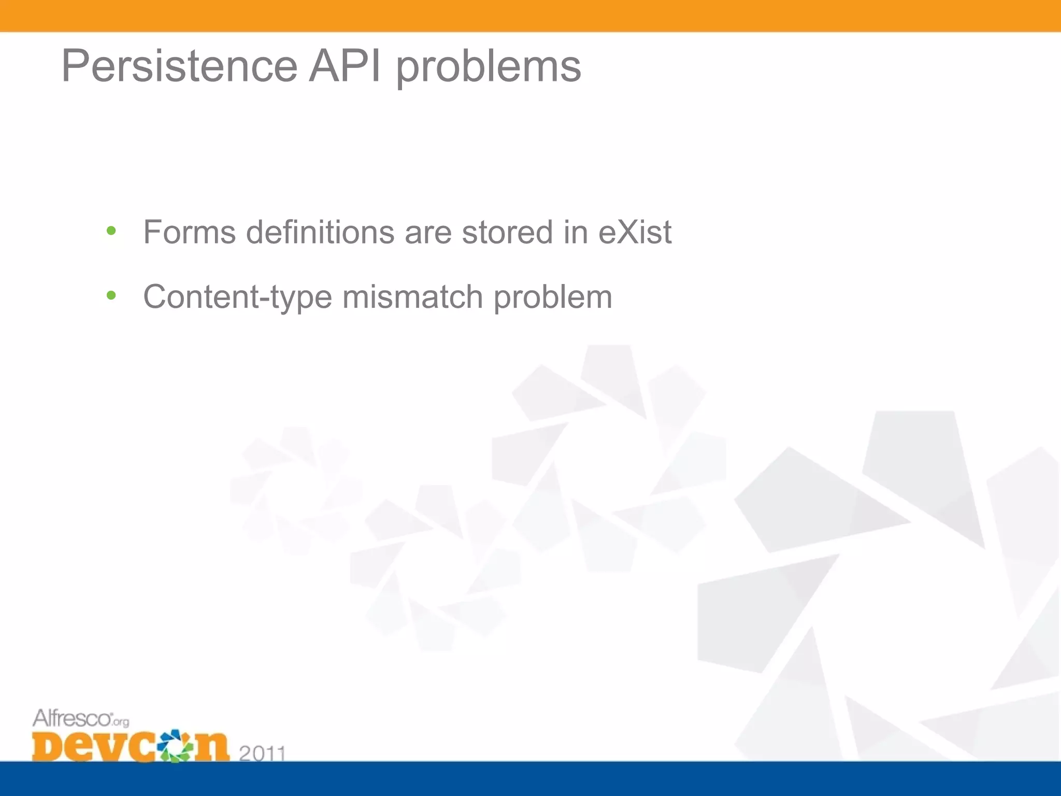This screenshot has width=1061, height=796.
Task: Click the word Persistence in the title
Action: (179, 66)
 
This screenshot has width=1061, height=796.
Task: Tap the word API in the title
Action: (345, 66)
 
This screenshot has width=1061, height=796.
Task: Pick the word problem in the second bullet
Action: (552, 297)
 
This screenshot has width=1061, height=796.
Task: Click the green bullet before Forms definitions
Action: (111, 231)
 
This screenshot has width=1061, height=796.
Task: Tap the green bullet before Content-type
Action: (111, 295)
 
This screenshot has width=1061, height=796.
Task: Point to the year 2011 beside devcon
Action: (262, 752)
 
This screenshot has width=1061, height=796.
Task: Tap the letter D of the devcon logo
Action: (48, 746)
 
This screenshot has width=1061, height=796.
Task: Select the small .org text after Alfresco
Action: (120, 721)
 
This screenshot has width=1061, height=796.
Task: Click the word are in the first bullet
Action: (428, 233)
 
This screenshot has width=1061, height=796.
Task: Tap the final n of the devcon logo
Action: (211, 746)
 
